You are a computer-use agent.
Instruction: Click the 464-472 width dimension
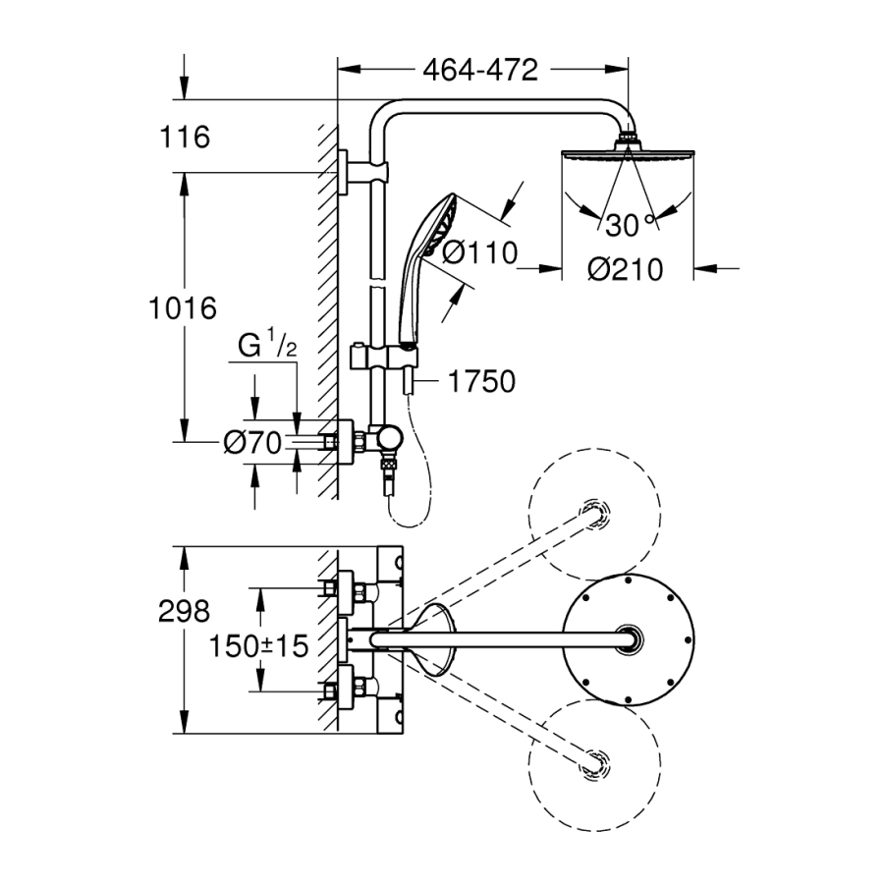pyautogui.click(x=480, y=71)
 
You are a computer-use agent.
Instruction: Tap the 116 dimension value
pyautogui.click(x=185, y=137)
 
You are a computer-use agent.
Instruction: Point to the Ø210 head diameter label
pyautogui.click(x=626, y=268)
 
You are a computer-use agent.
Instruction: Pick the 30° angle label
pyautogui.click(x=628, y=226)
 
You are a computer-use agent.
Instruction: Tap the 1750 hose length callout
pyautogui.click(x=481, y=381)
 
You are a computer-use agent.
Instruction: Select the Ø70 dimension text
pyautogui.click(x=252, y=443)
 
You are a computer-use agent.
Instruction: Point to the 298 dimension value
pyautogui.click(x=184, y=611)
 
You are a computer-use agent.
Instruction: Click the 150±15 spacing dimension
pyautogui.click(x=258, y=646)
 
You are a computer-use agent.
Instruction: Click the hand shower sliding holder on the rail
pyautogui.click(x=377, y=356)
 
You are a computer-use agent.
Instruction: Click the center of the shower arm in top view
pyautogui.click(x=501, y=640)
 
